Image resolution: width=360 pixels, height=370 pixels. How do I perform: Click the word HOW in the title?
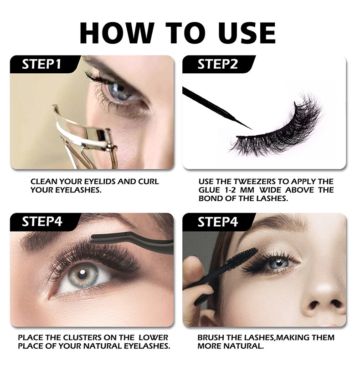118,33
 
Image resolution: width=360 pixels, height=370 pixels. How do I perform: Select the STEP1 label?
41,64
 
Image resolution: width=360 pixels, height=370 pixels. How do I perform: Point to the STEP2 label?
217,64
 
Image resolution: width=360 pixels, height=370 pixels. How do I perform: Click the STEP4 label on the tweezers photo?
42,222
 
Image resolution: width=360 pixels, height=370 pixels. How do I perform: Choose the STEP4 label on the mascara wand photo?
217,222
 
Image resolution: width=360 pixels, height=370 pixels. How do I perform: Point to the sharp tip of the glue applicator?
252,129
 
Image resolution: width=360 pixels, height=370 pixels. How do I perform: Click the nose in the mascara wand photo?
324,297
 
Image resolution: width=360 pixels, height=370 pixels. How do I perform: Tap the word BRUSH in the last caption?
210,337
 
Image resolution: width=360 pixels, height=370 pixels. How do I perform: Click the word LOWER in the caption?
153,337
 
